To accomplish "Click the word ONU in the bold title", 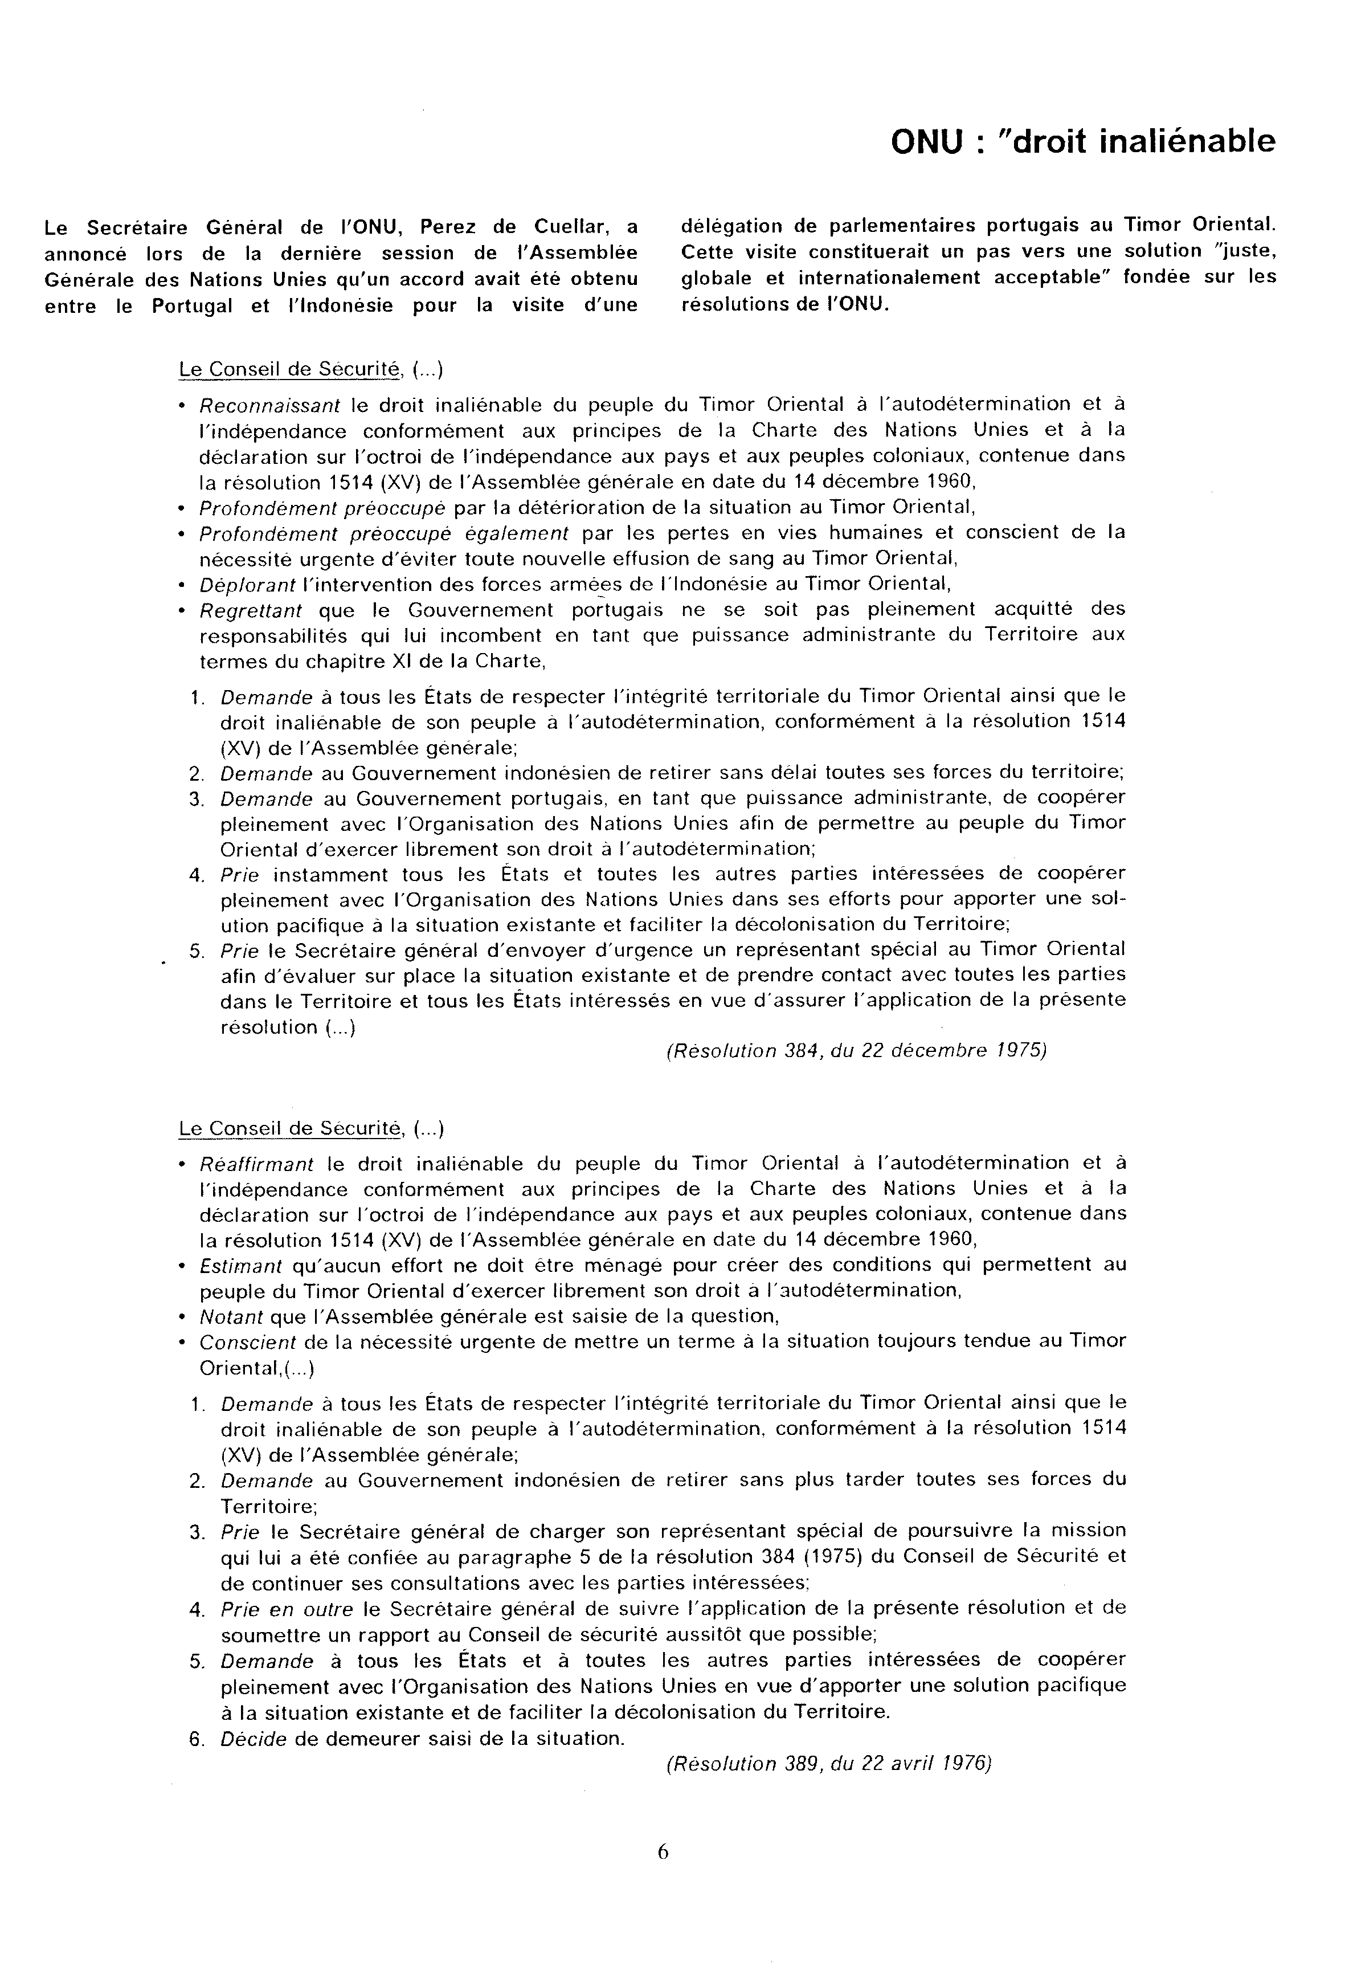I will point(926,142).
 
